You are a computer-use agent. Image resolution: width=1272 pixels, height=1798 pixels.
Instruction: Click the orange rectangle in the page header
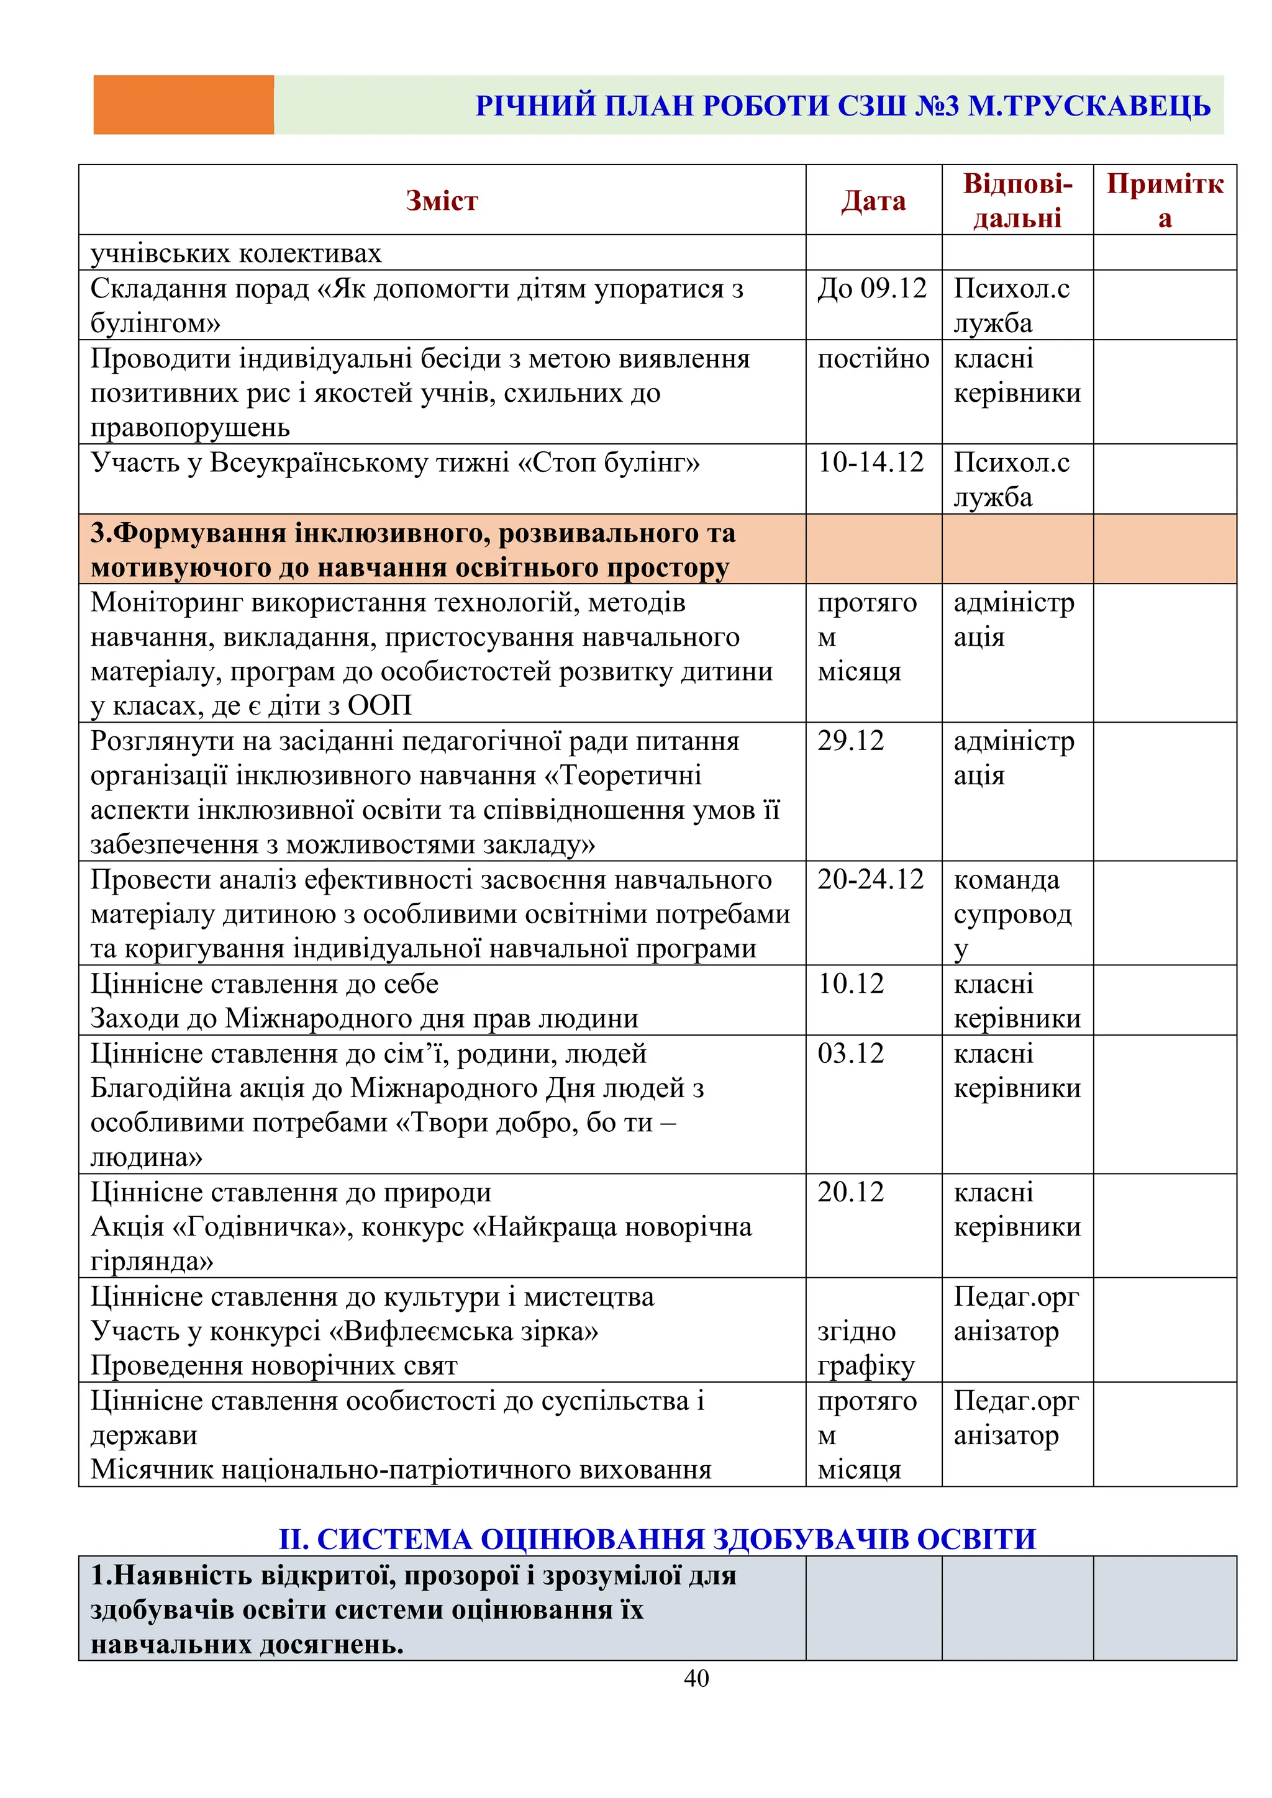(x=183, y=105)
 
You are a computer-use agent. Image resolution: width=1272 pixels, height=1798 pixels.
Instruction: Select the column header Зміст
(x=442, y=201)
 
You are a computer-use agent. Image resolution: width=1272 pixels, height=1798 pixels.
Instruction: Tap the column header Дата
(x=873, y=201)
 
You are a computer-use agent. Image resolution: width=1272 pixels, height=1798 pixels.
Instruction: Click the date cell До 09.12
(x=872, y=288)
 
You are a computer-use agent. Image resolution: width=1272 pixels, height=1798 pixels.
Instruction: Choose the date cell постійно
(x=873, y=359)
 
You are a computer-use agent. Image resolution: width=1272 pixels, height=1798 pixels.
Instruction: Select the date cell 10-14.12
(x=871, y=462)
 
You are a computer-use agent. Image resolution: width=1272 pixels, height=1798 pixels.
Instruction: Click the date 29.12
(x=851, y=740)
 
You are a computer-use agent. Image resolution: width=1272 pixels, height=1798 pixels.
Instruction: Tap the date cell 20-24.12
(x=871, y=879)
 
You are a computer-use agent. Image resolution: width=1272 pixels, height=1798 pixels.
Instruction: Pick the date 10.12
(x=851, y=983)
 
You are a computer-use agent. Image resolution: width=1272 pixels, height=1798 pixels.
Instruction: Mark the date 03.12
(x=851, y=1053)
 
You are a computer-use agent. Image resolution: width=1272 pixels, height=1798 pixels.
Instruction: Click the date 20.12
(x=851, y=1192)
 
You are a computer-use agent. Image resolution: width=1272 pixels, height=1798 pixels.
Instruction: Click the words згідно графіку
(x=865, y=1348)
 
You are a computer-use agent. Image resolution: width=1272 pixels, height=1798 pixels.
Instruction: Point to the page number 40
(x=696, y=1678)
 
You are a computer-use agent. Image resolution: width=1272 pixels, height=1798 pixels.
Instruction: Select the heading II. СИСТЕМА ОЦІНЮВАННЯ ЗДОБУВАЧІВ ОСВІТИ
(x=657, y=1539)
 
